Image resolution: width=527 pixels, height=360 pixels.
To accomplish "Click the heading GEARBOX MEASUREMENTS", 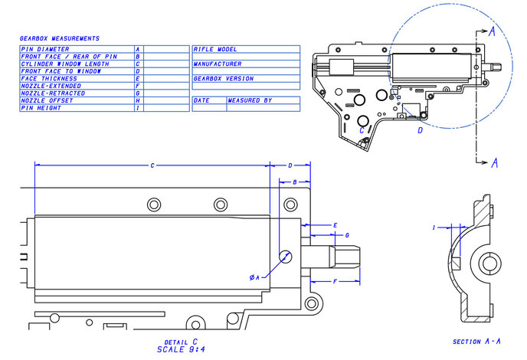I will click(x=59, y=38).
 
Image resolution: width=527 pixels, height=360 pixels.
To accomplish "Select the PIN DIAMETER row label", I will click(x=44, y=48).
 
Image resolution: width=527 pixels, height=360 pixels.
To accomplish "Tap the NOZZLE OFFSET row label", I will click(x=47, y=100).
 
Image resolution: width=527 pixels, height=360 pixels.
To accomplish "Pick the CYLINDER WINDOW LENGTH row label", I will click(x=59, y=64).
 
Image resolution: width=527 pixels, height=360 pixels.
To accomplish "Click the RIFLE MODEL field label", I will click(x=214, y=48).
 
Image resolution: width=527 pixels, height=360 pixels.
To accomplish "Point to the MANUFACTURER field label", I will click(x=218, y=64).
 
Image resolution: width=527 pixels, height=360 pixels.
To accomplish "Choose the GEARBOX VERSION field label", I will click(x=223, y=78).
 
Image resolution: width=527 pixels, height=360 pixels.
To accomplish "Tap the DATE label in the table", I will click(x=201, y=100).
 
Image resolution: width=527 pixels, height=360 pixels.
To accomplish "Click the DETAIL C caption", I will click(x=181, y=342).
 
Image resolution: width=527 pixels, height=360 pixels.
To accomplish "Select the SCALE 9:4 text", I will click(x=181, y=349).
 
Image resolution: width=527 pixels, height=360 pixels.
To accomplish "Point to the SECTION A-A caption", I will click(x=476, y=342).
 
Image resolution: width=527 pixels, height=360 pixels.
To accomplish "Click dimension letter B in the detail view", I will click(x=295, y=182).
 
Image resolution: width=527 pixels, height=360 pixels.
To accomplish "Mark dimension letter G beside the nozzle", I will click(x=347, y=234).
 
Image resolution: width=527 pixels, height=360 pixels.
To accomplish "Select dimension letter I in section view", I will click(x=434, y=227).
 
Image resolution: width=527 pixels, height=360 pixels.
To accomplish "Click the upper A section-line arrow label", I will click(x=494, y=31).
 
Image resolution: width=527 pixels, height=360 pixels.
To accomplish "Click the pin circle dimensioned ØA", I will click(x=285, y=256).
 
